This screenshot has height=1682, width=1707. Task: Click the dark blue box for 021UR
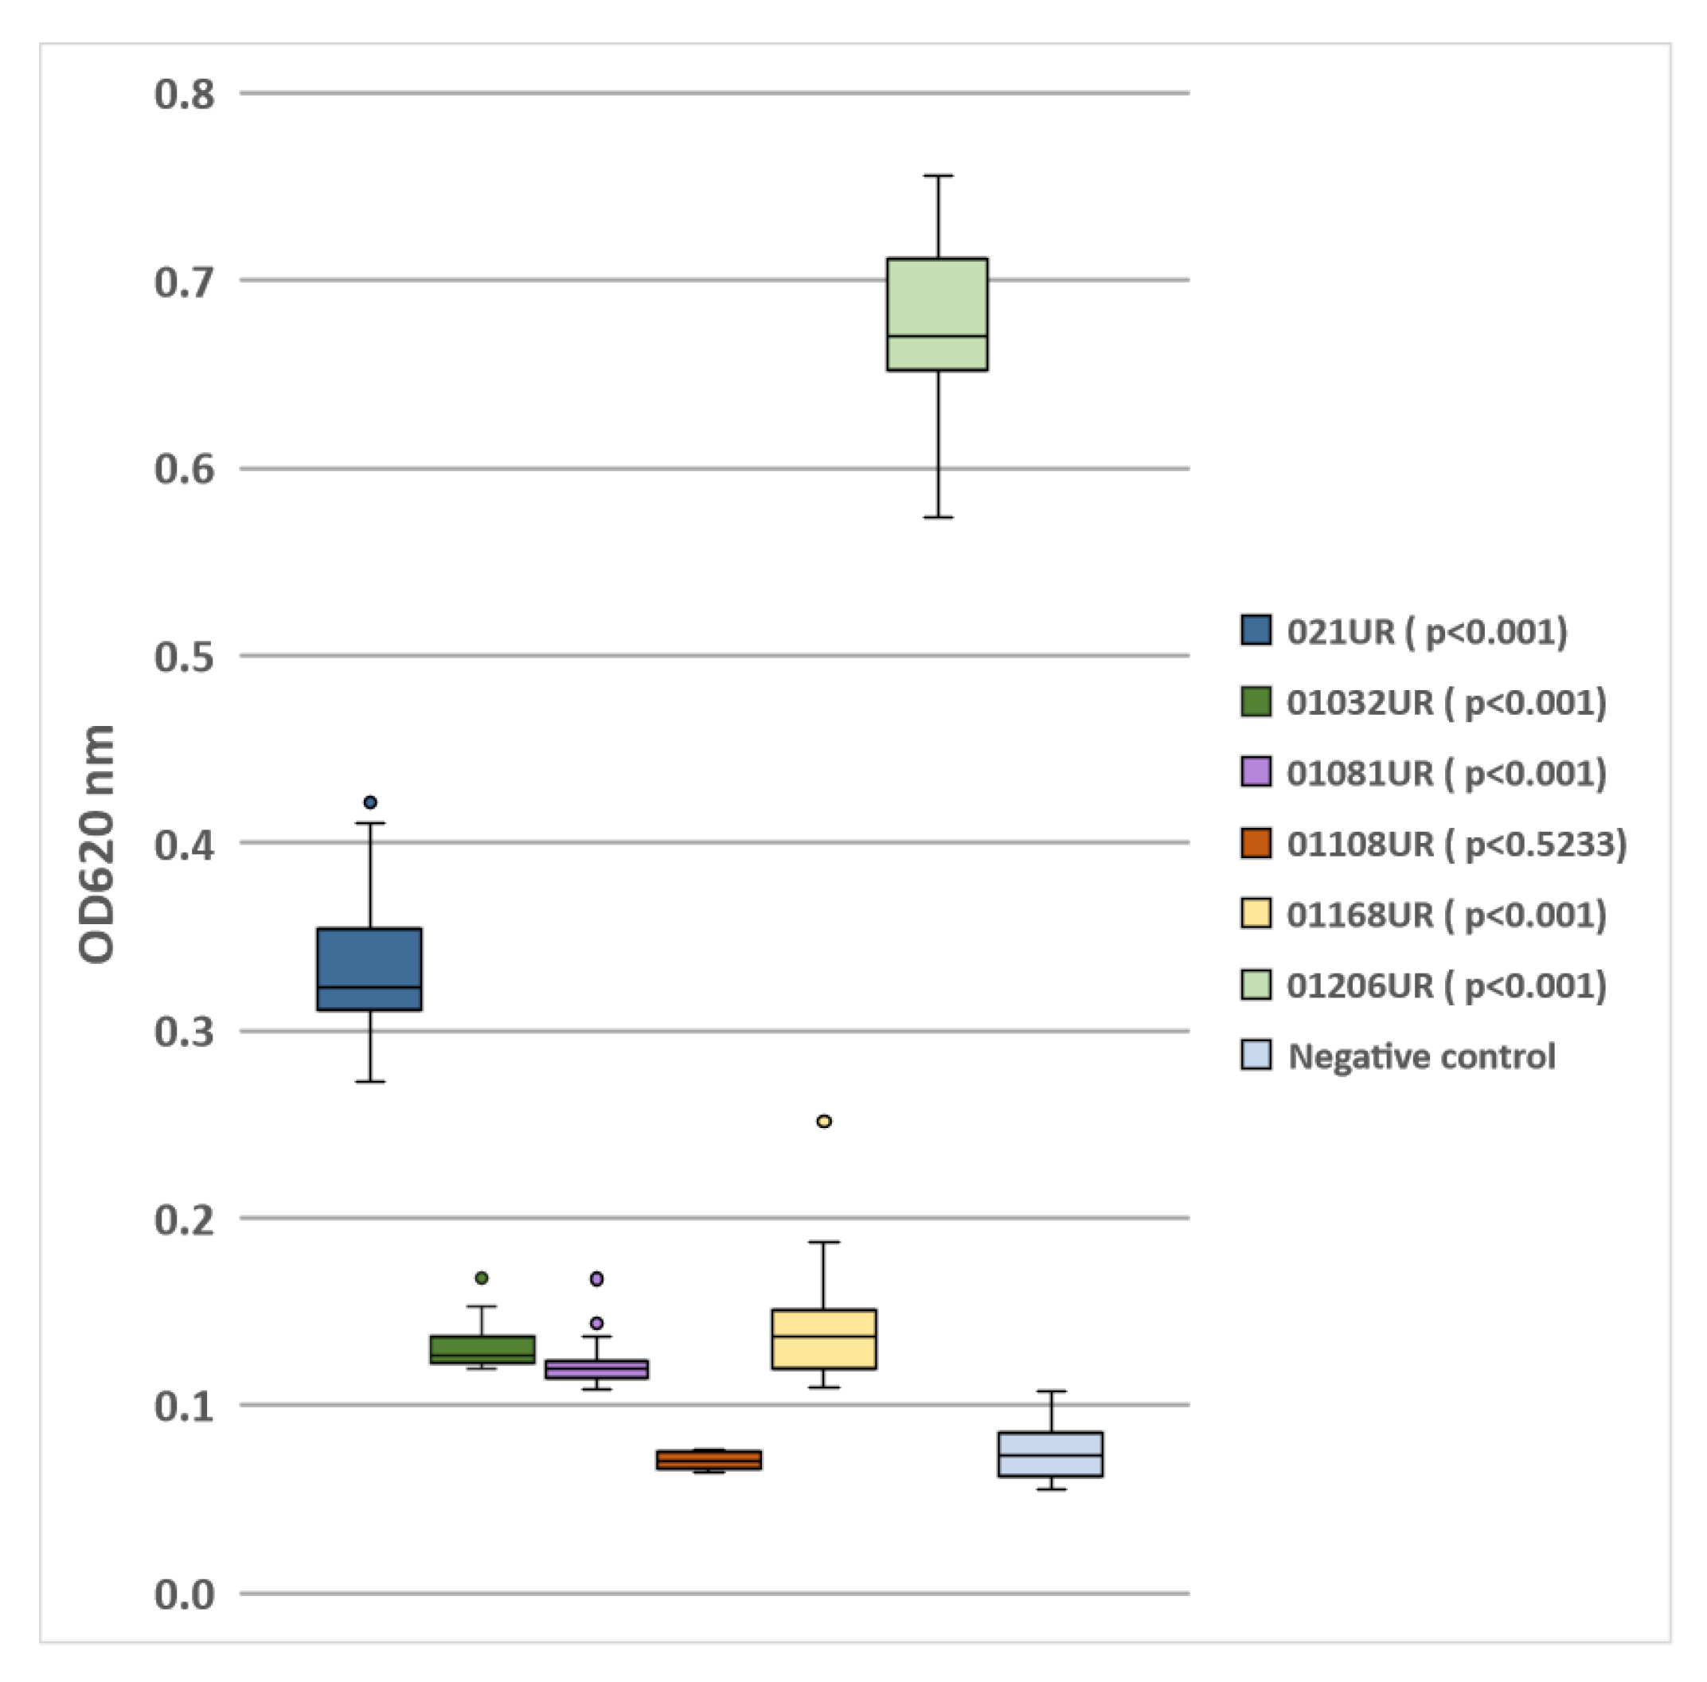[x=369, y=969]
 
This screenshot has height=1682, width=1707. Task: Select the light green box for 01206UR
[x=936, y=314]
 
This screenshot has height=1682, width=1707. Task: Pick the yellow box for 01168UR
[x=823, y=1339]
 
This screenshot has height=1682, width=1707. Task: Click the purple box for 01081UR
[x=596, y=1368]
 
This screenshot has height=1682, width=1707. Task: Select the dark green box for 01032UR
[x=482, y=1349]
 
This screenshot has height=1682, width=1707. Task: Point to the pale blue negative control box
[x=1049, y=1454]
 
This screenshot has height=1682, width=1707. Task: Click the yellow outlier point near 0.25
[x=823, y=1121]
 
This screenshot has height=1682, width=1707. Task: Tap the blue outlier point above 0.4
[x=370, y=802]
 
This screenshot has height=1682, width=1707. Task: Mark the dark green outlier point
[x=482, y=1278]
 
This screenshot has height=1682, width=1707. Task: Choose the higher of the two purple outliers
[x=596, y=1278]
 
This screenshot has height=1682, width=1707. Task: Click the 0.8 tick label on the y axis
[x=184, y=95]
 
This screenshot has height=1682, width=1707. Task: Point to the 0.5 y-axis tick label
[x=184, y=658]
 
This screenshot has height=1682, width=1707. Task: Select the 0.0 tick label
[x=184, y=1595]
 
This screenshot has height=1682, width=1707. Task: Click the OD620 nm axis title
[x=97, y=844]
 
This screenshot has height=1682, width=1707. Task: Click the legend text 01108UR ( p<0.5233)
[x=1455, y=845]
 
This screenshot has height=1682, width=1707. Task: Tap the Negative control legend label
[x=1420, y=1056]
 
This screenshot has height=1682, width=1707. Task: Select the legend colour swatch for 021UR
[x=1256, y=630]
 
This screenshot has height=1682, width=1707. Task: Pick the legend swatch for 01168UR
[x=1256, y=914]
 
